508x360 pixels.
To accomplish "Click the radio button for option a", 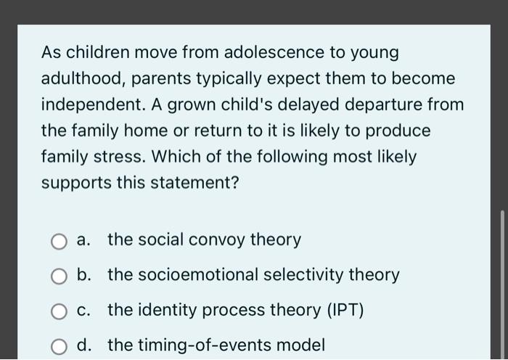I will [60, 240].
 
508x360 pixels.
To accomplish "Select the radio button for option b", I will [60, 276].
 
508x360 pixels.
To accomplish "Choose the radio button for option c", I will [60, 311].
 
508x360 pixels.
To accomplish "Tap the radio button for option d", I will [60, 346].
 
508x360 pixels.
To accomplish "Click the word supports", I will [76, 183].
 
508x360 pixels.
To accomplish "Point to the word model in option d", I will [303, 345].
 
